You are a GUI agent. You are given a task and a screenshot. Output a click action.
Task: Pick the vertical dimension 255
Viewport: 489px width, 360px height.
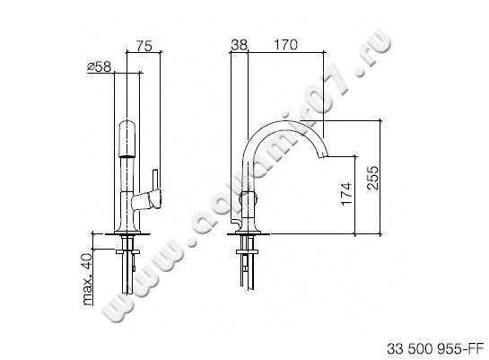(x=371, y=179)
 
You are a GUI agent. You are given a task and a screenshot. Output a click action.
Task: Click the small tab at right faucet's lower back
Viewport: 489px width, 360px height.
(x=232, y=221)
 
